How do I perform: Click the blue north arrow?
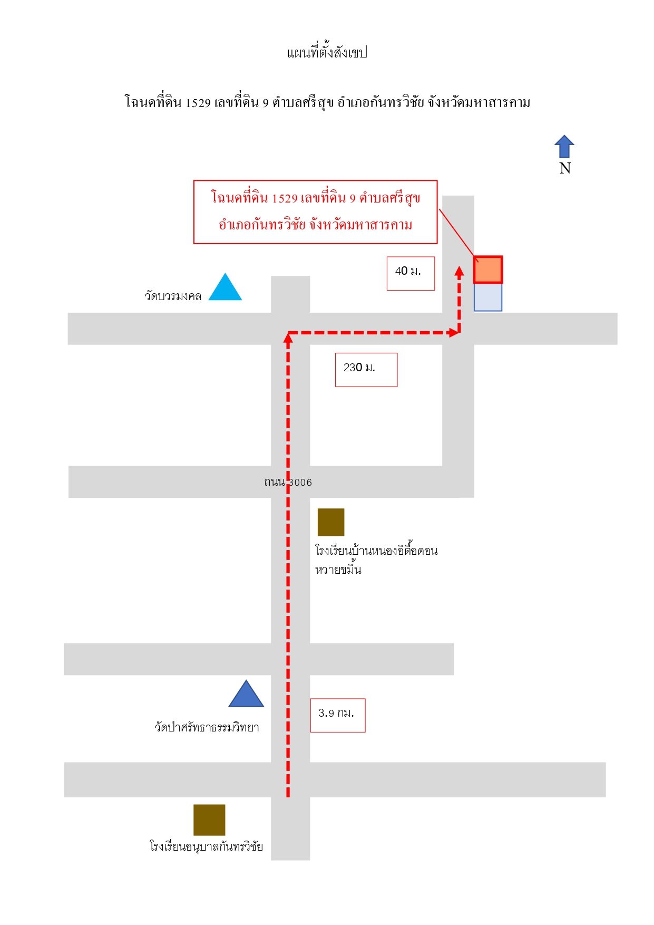tap(564, 147)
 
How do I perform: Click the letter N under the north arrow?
tap(565, 168)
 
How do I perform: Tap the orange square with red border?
tap(488, 269)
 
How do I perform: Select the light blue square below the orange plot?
tap(488, 297)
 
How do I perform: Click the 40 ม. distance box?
tap(411, 273)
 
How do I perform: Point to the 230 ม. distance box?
tap(366, 370)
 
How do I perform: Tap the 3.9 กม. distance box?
tap(338, 715)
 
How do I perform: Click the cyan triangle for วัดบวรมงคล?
tap(225, 288)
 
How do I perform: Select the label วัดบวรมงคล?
tap(173, 296)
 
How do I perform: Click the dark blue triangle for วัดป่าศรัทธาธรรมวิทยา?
tap(246, 695)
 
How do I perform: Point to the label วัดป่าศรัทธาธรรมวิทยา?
tap(207, 727)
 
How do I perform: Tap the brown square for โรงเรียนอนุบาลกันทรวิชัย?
tap(209, 820)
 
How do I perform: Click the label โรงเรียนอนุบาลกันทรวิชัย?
tap(206, 846)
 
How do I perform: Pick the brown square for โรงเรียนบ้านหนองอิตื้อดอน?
tap(331, 522)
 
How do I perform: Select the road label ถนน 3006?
tap(288, 482)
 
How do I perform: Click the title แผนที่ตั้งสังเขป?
tap(327, 52)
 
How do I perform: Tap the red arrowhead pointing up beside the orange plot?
tap(460, 272)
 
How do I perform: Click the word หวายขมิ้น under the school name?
tap(338, 569)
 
